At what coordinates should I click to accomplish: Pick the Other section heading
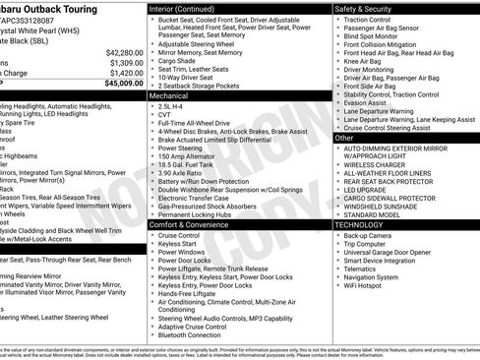(344, 138)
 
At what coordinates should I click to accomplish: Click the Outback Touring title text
(54, 7)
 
